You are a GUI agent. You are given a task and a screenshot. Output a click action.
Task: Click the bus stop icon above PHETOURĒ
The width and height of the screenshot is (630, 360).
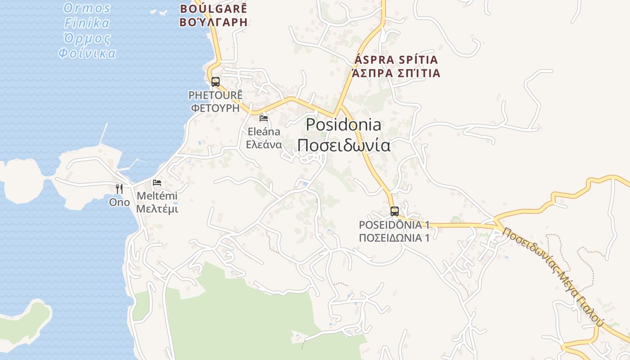coord(216,81)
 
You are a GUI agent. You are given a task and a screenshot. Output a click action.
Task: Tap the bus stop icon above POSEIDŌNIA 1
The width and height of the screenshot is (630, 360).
coord(395,211)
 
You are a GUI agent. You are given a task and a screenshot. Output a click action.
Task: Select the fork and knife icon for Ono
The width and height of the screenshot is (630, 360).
coord(119,189)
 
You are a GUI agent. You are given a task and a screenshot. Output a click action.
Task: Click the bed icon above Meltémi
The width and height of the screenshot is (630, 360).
coord(157,183)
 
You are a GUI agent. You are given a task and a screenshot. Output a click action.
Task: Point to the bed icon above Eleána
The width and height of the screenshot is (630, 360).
coord(264,118)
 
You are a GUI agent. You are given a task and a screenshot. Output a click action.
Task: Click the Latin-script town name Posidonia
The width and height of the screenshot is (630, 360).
coord(343,125)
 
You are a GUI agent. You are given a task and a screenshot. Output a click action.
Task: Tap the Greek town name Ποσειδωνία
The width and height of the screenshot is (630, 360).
coord(343,145)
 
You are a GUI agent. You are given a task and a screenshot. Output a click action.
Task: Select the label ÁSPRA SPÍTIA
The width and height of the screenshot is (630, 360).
coord(396,60)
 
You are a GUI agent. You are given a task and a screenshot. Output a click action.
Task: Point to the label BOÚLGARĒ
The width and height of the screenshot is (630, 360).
coord(214,9)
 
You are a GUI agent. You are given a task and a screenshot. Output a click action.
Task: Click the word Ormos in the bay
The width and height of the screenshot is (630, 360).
coord(87,8)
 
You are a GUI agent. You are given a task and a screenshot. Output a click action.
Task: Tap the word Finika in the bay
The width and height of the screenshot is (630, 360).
coord(87,23)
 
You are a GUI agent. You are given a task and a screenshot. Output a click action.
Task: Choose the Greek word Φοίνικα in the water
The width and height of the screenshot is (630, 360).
coord(87,54)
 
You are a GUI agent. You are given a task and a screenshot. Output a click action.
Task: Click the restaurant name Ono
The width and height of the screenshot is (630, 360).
coord(119,202)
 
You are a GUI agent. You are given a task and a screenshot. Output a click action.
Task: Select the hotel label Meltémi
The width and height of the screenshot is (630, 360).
coord(157,196)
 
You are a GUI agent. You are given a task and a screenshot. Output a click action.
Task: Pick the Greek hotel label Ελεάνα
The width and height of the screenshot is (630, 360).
coord(264,145)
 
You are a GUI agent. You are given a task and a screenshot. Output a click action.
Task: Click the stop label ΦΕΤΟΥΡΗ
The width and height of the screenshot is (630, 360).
coord(216,108)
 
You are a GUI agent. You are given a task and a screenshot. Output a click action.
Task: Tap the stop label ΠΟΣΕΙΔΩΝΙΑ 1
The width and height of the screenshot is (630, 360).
coord(394,238)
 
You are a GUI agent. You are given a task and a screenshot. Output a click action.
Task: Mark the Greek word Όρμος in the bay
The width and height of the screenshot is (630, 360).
coord(87,38)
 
